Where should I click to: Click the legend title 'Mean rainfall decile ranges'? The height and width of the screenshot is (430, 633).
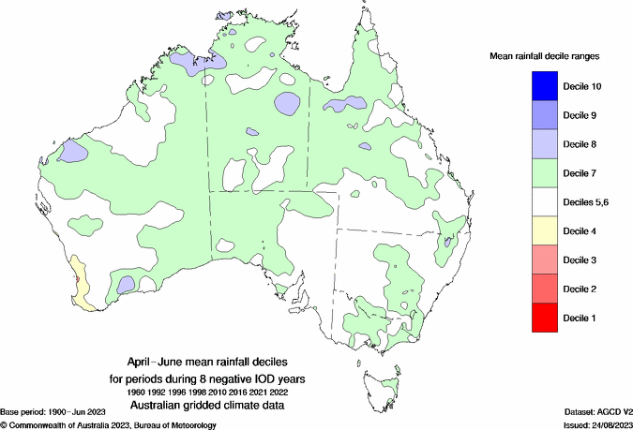click(545, 57)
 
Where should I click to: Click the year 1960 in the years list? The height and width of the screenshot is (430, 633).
click(138, 391)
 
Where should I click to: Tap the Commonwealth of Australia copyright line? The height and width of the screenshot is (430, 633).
click(109, 424)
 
